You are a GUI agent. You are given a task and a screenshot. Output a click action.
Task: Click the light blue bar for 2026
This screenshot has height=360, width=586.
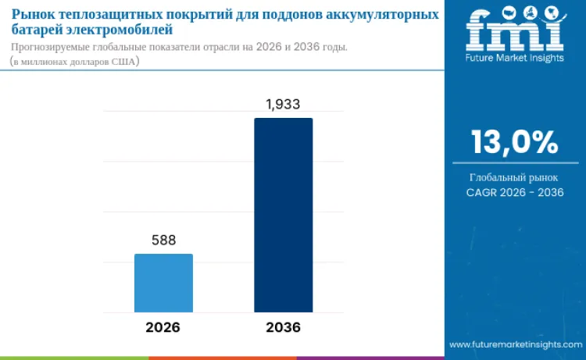(163, 282)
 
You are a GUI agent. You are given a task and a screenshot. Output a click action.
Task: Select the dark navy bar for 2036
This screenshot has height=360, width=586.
(283, 214)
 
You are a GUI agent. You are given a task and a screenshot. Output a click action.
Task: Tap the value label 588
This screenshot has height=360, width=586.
(163, 241)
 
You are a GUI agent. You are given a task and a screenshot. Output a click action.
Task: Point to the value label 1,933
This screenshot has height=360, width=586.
(283, 104)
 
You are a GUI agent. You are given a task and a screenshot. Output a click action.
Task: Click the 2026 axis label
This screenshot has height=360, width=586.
(163, 327)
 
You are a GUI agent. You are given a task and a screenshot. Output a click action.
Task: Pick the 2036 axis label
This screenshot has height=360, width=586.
(283, 327)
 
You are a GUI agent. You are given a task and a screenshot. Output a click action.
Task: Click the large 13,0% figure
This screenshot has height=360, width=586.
(514, 143)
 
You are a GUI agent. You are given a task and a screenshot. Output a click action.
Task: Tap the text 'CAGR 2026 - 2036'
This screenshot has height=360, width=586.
(514, 192)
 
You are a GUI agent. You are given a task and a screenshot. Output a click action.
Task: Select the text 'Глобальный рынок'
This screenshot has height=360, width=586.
(514, 177)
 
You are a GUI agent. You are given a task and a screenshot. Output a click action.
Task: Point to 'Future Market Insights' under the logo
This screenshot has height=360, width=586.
(514, 57)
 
